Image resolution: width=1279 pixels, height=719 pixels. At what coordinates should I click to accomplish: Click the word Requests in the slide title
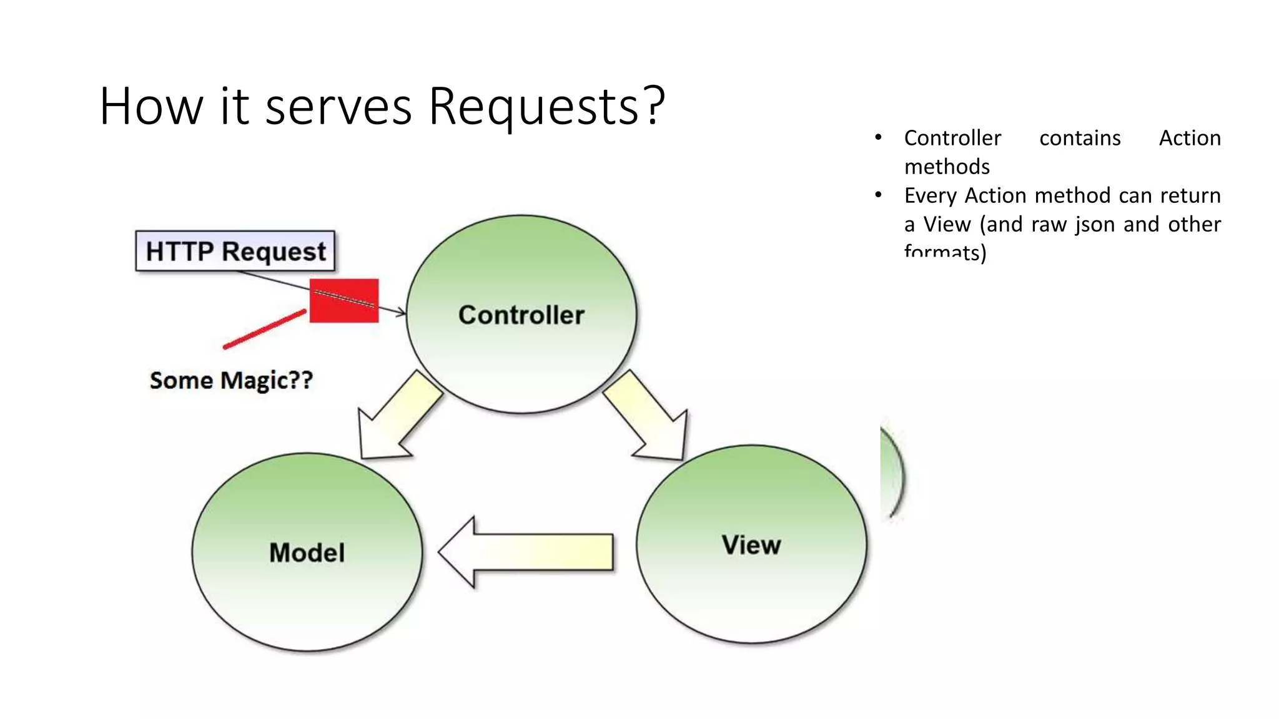[x=546, y=106]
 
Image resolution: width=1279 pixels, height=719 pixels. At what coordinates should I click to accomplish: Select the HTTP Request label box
[x=235, y=251]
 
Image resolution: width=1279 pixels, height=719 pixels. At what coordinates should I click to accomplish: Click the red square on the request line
[x=344, y=301]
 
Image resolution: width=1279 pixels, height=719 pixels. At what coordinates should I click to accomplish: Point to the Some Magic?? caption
[x=231, y=380]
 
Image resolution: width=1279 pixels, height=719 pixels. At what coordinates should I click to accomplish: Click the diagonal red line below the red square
[x=265, y=329]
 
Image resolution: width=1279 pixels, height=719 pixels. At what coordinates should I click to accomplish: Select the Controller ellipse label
[x=521, y=315]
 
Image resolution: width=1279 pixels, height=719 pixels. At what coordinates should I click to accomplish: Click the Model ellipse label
[x=307, y=552]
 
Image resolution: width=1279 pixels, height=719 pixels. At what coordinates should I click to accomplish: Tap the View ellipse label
[x=751, y=545]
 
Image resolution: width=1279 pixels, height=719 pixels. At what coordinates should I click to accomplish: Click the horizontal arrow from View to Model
[x=526, y=552]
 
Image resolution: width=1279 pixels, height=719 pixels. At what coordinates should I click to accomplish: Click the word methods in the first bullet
[x=947, y=167]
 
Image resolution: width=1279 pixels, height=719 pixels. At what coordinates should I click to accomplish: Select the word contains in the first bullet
[x=1080, y=138]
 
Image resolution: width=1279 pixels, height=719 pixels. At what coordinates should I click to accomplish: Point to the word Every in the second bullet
[x=931, y=195]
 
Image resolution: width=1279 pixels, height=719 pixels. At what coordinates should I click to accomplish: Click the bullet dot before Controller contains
[x=878, y=137]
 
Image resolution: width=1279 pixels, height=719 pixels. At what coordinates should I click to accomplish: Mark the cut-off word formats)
[x=945, y=253]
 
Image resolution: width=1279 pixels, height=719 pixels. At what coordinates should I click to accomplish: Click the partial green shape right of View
[x=892, y=474]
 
